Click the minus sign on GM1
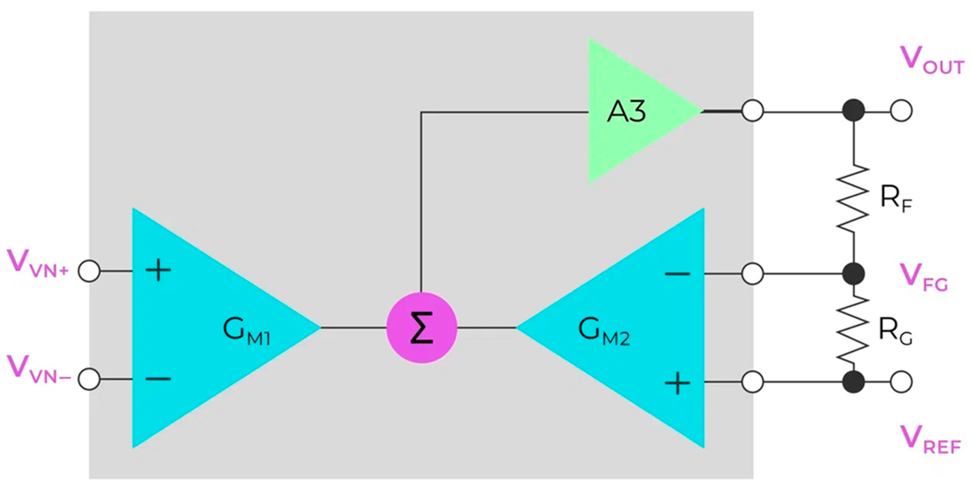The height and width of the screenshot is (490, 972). pos(158,378)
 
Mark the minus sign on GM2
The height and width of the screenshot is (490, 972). pos(678,274)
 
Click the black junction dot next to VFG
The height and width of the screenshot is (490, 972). pos(854,274)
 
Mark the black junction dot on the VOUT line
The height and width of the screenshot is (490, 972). pos(854,111)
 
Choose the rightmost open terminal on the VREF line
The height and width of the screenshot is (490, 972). pos(901,382)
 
